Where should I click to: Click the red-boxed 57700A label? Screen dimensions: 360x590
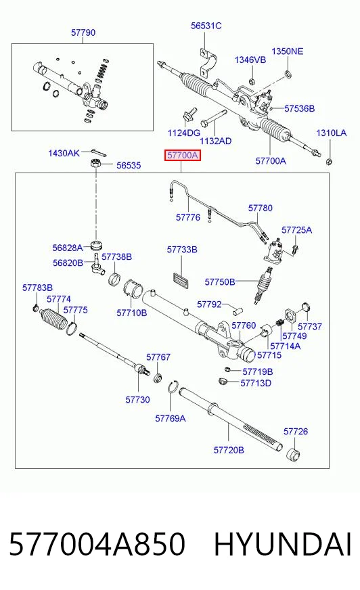[183, 155]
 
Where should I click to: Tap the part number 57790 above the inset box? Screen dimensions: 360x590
[83, 32]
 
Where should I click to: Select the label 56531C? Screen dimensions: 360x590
[206, 26]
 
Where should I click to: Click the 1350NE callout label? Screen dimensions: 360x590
[288, 51]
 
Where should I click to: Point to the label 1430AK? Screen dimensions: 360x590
[64, 153]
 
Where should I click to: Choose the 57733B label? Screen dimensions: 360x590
[182, 250]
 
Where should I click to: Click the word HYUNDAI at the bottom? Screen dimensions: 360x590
[282, 545]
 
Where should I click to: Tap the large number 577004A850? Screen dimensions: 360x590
[97, 545]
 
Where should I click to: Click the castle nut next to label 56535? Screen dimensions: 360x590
[96, 164]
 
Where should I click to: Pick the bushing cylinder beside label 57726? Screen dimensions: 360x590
[294, 455]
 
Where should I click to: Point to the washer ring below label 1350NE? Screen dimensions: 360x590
[288, 73]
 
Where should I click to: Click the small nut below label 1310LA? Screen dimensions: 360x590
[329, 162]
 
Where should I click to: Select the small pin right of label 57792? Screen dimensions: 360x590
[238, 311]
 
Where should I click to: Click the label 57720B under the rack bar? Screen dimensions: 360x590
[229, 450]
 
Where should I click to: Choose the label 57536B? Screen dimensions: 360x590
[299, 109]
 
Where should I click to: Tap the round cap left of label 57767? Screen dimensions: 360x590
[158, 377]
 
